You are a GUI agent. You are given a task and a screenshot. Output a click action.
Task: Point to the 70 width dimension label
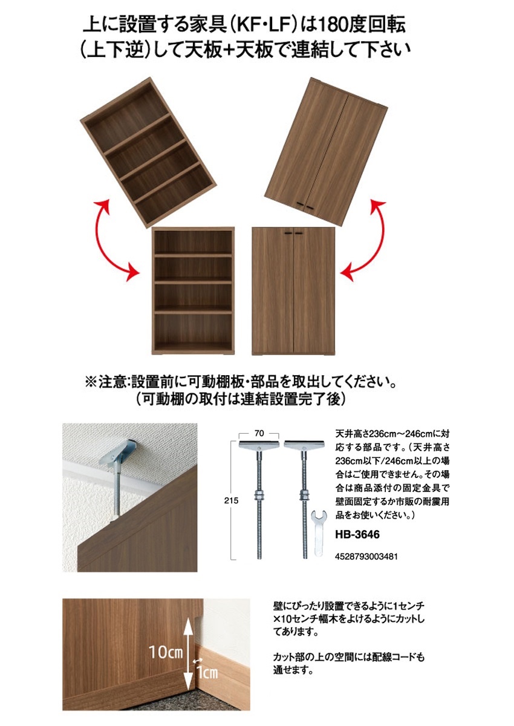258,433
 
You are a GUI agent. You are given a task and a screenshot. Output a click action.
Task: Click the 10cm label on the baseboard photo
166,652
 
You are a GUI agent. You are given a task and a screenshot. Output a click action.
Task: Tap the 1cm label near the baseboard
206,672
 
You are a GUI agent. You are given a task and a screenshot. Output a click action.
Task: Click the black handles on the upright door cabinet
293,234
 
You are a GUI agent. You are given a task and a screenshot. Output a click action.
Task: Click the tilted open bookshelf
148,152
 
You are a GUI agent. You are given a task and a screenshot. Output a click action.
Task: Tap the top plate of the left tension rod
258,446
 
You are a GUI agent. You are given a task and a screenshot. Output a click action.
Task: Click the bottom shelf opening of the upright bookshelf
193,330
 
